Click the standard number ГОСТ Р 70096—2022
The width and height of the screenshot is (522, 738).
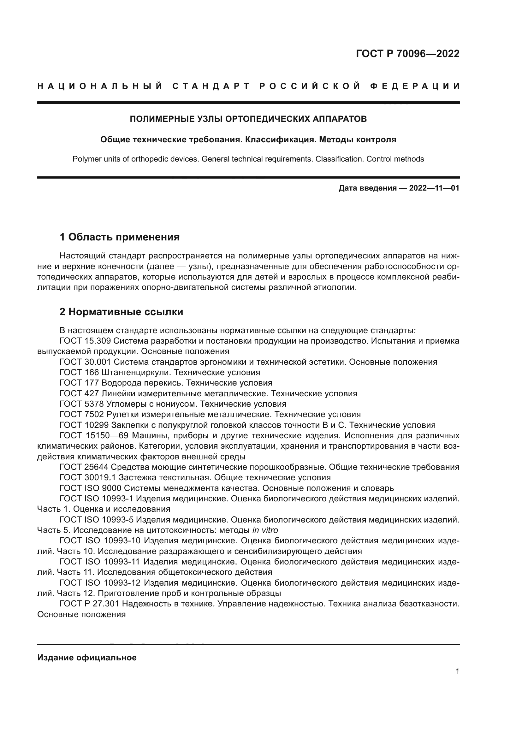(407, 54)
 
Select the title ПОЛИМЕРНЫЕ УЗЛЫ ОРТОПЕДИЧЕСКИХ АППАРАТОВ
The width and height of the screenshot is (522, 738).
(248, 119)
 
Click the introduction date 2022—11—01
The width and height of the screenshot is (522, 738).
(434, 188)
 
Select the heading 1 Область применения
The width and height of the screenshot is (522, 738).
(119, 237)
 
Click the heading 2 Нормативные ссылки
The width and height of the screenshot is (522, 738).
(121, 312)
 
